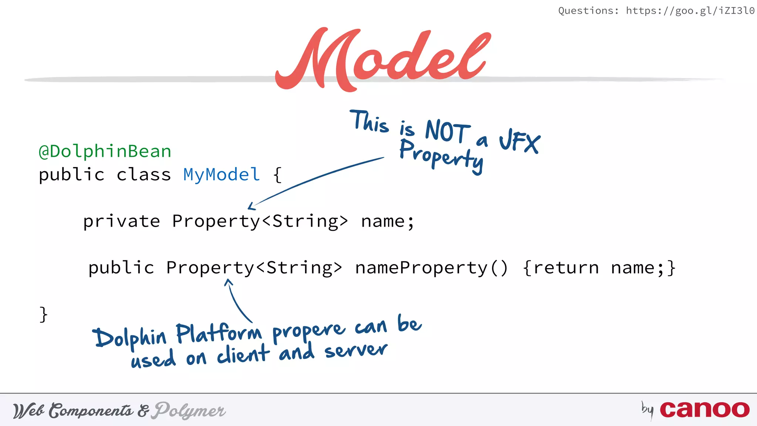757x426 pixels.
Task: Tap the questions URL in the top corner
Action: pos(690,11)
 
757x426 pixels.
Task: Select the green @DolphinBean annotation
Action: pos(105,152)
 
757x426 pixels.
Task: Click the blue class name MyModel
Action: pos(221,175)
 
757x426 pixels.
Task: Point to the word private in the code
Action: pos(121,221)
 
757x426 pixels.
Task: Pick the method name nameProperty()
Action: pos(431,268)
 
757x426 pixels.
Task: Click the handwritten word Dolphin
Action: pos(130,337)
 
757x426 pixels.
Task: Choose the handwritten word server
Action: pos(356,350)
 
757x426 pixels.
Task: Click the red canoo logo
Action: pos(705,410)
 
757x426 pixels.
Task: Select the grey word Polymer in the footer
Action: pos(190,410)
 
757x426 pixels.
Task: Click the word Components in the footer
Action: pos(91,410)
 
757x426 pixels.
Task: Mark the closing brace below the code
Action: pos(44,314)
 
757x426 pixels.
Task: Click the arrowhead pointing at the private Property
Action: pos(251,207)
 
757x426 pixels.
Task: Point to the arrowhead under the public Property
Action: pos(228,282)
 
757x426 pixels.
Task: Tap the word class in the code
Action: pos(143,175)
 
